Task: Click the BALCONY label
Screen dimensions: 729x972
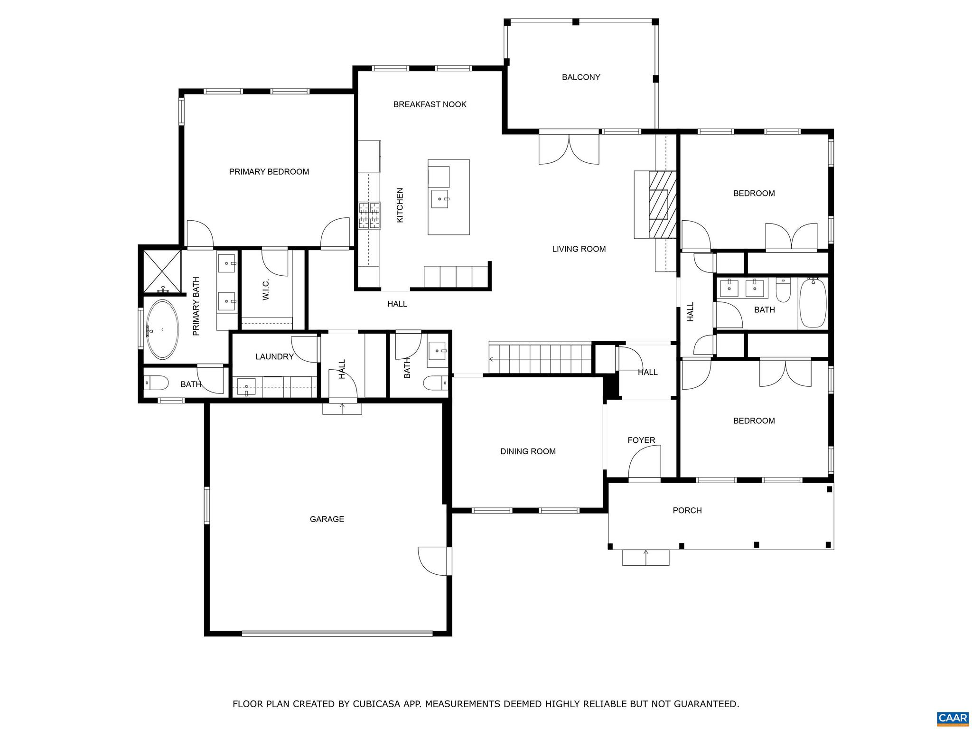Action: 581,77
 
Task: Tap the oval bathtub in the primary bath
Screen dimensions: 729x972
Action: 162,329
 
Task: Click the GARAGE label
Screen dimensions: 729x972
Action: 327,519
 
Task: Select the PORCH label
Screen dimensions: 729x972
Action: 687,510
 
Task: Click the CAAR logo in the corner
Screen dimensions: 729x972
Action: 953,718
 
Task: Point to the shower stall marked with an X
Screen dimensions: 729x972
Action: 162,271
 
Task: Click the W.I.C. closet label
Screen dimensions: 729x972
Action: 266,289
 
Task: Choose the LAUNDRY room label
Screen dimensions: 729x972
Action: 274,356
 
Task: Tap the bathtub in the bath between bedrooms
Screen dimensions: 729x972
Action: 813,303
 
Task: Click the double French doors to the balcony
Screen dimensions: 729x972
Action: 569,148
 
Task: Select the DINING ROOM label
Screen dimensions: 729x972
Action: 528,451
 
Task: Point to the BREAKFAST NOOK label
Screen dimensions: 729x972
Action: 430,104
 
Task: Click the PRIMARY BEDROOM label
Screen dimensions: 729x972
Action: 269,172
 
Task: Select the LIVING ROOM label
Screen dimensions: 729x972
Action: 579,249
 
